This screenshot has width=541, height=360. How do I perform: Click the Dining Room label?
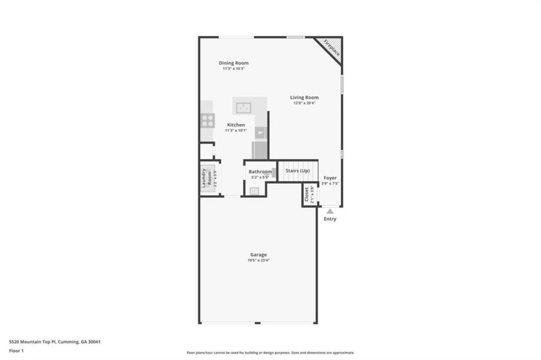[x=234, y=63]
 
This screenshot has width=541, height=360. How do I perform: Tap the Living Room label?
[x=304, y=98]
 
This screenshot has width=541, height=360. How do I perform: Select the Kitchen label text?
[x=236, y=125]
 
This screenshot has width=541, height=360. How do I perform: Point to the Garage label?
[x=258, y=255]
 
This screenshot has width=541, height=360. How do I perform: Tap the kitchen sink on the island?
[x=244, y=107]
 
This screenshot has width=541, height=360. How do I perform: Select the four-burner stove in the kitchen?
[x=208, y=121]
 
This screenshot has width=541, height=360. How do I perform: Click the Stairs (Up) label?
[x=297, y=171]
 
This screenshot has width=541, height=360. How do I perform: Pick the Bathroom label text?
[x=260, y=172]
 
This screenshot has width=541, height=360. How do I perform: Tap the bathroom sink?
[x=254, y=191]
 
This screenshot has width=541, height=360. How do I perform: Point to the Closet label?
[x=306, y=195]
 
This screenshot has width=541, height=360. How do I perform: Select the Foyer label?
[x=330, y=178]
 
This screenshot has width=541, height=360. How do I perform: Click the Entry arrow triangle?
[x=330, y=211]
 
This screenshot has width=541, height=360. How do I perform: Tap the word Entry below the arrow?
[x=330, y=219]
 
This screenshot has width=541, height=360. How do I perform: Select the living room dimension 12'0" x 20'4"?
[x=304, y=103]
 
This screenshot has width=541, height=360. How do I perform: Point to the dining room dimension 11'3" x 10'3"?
[x=234, y=69]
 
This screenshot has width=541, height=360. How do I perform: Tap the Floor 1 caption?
[x=16, y=350]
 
